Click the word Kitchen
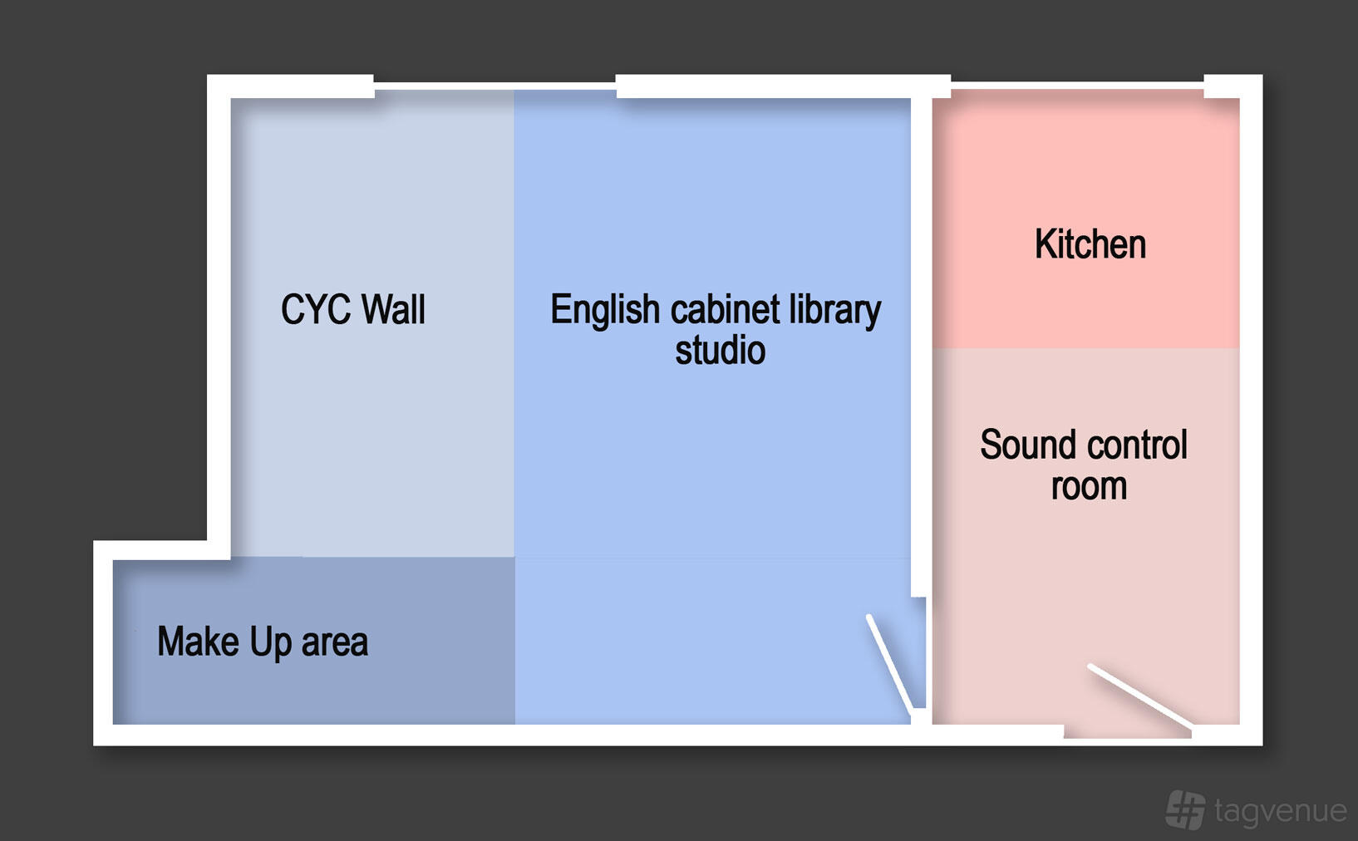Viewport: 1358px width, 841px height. tap(1090, 243)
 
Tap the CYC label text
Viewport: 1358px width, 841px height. tap(316, 309)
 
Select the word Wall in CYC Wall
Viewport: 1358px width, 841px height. tap(393, 309)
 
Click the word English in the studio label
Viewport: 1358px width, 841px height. tap(605, 311)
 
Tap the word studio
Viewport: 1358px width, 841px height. tap(721, 351)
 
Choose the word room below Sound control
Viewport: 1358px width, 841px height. tap(1089, 487)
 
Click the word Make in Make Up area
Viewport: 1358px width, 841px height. tap(199, 641)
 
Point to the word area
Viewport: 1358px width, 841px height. tap(335, 643)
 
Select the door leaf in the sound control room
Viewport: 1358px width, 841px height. tap(1139, 696)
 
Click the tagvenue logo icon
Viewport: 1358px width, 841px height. tap(1185, 809)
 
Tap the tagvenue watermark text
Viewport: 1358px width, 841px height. tap(1281, 811)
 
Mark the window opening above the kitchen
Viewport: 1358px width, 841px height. tap(1077, 86)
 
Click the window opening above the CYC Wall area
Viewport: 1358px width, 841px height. tap(494, 86)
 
